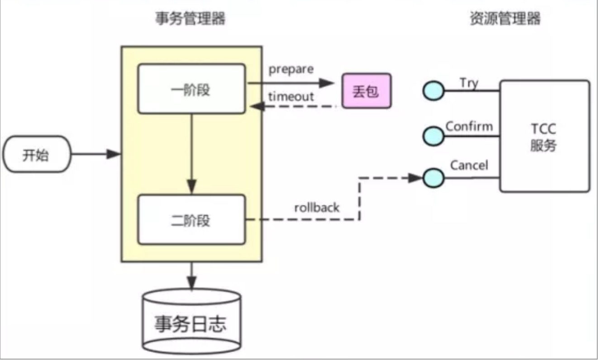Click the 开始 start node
pos(37,156)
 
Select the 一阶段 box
pos(191,89)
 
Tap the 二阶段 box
pos(191,220)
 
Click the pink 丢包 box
pos(366,91)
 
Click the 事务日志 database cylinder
pos(191,322)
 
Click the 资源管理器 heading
pos(505,19)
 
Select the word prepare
pos(291,70)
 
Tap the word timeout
pos(291,96)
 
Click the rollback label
pos(317,208)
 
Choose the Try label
pos(469,83)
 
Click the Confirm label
pos(469,126)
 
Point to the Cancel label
pos(469,166)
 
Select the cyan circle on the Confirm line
pos(433,135)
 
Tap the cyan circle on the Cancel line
pos(433,178)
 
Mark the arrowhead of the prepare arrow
pos(326,83)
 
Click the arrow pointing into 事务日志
pos(191,276)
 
